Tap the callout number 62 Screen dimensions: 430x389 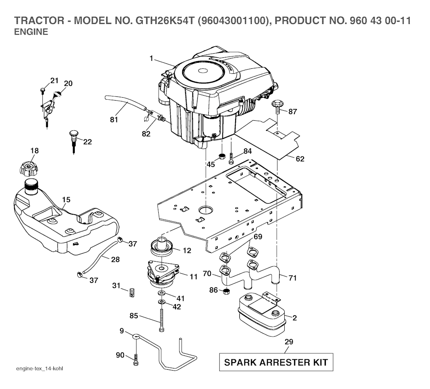[x=300, y=159]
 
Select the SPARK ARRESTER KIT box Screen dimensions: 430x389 [x=276, y=362]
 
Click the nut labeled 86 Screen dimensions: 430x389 [x=226, y=291]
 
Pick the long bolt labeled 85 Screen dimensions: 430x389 [x=161, y=320]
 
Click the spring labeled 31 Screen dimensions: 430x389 [x=132, y=293]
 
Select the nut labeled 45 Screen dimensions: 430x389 [x=222, y=157]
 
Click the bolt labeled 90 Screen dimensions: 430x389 [x=136, y=359]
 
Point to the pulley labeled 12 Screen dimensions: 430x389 [x=162, y=246]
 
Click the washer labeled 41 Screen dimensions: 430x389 [x=162, y=293]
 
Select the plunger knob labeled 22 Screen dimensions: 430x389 [x=74, y=142]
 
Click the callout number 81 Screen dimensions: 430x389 [x=114, y=119]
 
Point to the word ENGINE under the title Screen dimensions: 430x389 [x=31, y=32]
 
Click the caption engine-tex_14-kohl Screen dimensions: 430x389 [x=40, y=368]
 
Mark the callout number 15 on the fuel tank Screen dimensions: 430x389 [x=66, y=200]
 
